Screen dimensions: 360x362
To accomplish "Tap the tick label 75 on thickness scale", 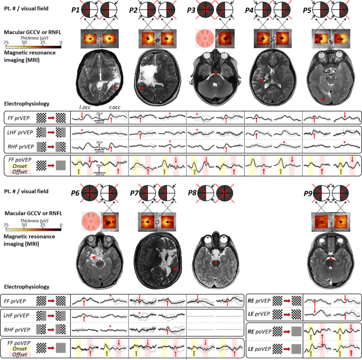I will (5, 41).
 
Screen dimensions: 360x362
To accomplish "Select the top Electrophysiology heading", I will (26, 104).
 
